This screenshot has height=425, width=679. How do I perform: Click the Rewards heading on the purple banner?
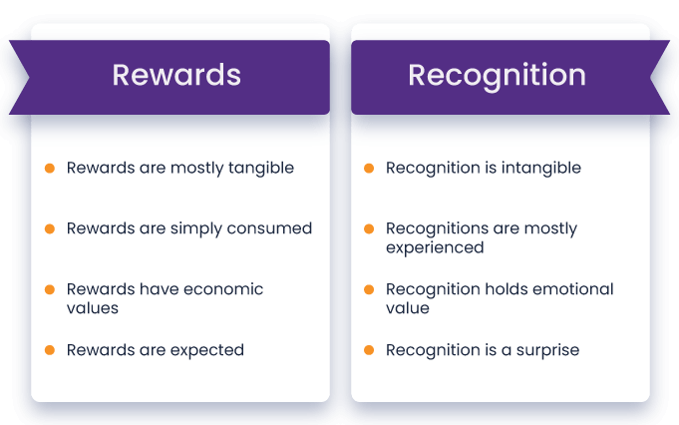click(x=176, y=75)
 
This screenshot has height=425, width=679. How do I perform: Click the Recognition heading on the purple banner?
click(x=497, y=76)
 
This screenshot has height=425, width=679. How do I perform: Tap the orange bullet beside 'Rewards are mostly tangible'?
click(x=50, y=168)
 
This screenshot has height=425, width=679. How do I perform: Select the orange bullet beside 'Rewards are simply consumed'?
click(x=50, y=228)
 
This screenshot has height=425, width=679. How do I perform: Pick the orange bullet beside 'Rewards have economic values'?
click(x=50, y=289)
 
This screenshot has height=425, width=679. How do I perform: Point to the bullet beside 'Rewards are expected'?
click(x=50, y=349)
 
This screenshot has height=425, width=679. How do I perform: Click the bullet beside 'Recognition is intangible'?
click(x=369, y=168)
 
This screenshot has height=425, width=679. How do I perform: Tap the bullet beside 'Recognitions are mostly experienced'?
click(x=369, y=228)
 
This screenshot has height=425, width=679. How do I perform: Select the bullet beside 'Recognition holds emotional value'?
click(x=369, y=289)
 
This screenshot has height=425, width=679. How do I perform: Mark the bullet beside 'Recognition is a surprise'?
click(x=369, y=349)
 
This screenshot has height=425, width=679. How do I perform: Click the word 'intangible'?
click(x=540, y=168)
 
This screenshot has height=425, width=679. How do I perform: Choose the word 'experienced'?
click(x=435, y=248)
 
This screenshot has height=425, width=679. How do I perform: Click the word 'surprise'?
click(x=547, y=350)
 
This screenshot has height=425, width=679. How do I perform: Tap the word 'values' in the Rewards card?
click(x=93, y=308)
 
